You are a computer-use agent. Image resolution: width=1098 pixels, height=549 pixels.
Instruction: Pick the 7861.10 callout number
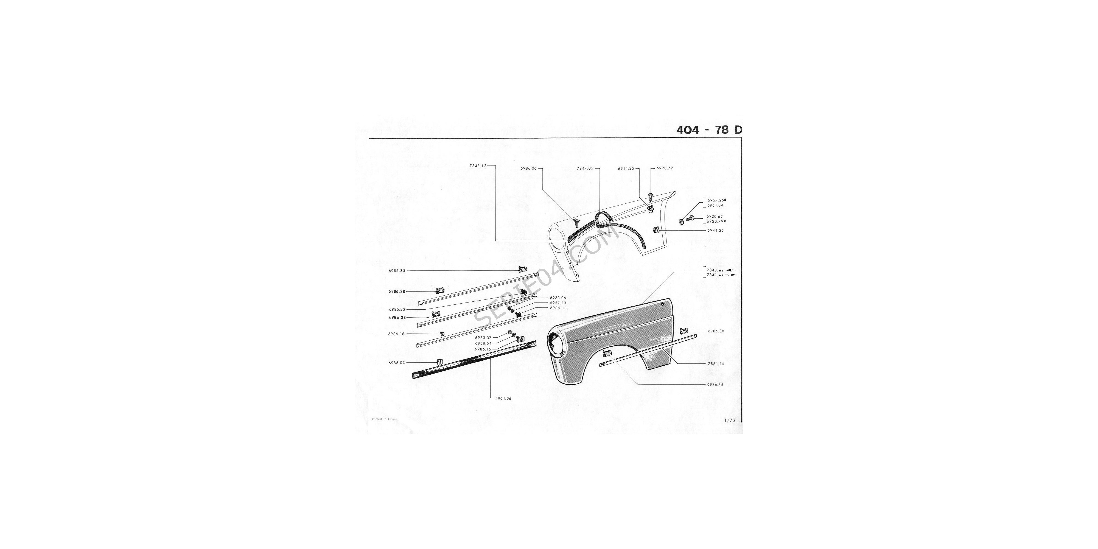(x=716, y=364)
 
